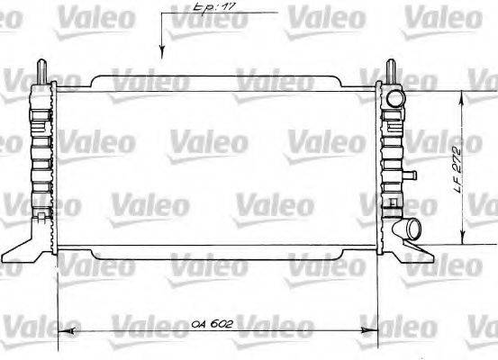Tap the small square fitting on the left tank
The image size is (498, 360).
pos(41,217)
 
